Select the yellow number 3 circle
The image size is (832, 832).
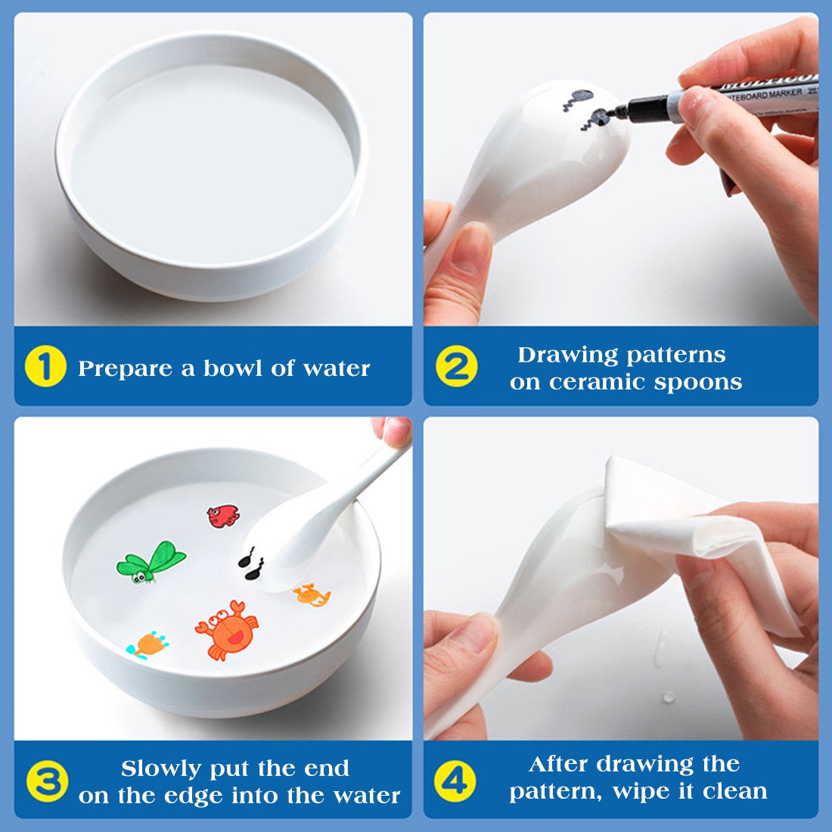pos(47,782)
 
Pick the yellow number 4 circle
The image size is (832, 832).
pos(455,779)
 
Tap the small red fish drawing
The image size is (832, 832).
pos(223,516)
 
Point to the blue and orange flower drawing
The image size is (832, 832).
pos(149,644)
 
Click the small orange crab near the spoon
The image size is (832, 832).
pos(312,595)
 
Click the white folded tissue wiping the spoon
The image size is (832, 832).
pos(681,529)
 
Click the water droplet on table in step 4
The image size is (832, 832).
pos(669,696)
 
